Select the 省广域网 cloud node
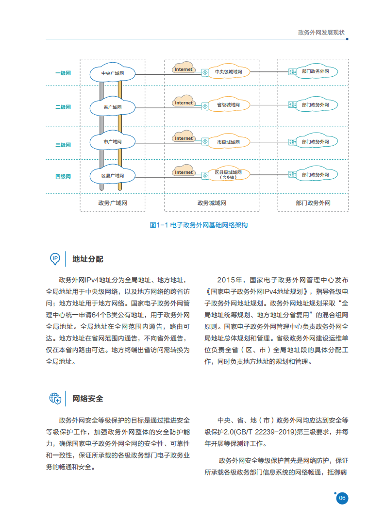pos(113,107)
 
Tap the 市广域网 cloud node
pos(113,142)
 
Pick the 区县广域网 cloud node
pos(113,176)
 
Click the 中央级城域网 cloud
pos(228,72)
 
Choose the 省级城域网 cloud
pos(228,105)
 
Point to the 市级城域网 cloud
pos(228,142)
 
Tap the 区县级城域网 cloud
pos(228,174)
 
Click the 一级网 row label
pos(63,73)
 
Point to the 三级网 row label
pos(63,145)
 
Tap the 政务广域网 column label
pos(112,203)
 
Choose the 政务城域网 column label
pos(212,203)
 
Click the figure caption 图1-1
pos(199,225)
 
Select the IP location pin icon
pos(55,259)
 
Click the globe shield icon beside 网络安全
pos(55,399)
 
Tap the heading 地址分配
pos(87,259)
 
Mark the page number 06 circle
pos(342,498)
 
